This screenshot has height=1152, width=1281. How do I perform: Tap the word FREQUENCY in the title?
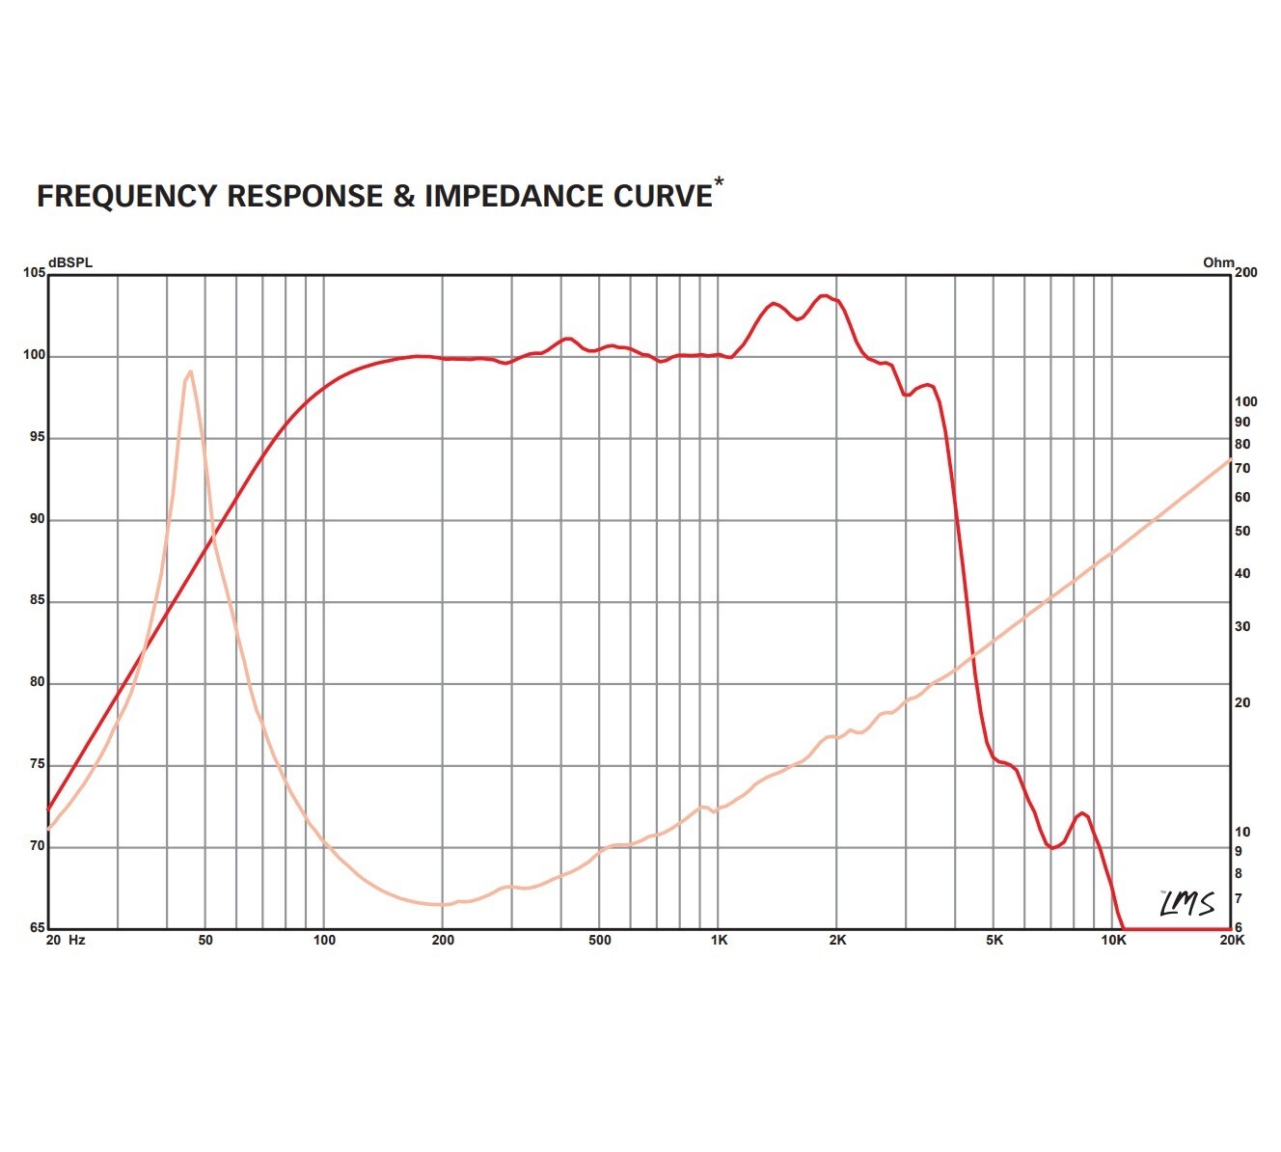click(x=126, y=196)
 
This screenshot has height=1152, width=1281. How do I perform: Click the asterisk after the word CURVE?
click(x=718, y=181)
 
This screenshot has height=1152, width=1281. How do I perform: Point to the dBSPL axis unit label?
click(x=70, y=262)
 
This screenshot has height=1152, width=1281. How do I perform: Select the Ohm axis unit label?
click(x=1218, y=262)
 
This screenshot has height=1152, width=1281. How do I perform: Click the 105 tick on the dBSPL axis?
click(x=34, y=273)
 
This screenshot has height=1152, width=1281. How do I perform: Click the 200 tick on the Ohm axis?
click(x=1246, y=273)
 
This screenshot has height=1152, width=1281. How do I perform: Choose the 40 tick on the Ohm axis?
click(x=1242, y=573)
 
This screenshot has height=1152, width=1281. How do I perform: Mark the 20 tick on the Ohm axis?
click(x=1242, y=702)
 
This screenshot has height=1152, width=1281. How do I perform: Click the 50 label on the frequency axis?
click(x=205, y=940)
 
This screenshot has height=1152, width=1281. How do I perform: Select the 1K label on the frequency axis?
click(x=720, y=940)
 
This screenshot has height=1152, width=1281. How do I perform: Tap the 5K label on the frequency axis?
click(x=995, y=940)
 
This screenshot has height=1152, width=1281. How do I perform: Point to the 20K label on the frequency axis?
click(x=1233, y=940)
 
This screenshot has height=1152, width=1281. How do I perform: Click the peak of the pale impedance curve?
click(x=190, y=371)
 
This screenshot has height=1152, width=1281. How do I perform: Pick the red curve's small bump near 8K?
click(x=1082, y=813)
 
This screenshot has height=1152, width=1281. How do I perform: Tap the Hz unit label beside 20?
click(x=76, y=940)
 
